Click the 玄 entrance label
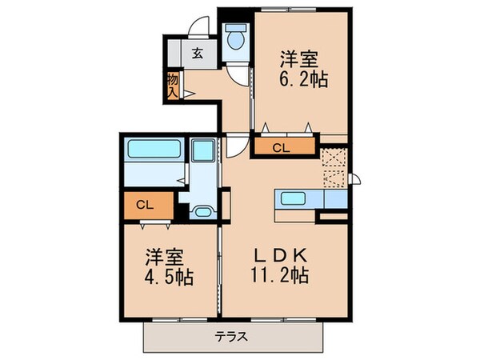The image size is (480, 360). (197, 54)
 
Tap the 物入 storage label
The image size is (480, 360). (172, 84)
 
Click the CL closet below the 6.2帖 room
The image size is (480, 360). (281, 146)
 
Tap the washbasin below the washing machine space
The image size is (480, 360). (202, 212)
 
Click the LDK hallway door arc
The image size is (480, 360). (234, 146)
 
